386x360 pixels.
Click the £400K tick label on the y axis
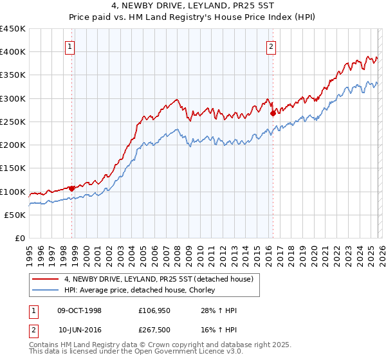tap(13, 52)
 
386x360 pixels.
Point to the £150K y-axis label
tap(13, 168)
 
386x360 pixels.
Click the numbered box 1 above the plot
tap(69, 46)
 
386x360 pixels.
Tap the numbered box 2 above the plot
tap(271, 46)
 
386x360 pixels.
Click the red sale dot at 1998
tap(71, 188)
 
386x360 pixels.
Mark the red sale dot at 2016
tap(273, 113)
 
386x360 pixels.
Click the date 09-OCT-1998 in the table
tap(79, 310)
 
